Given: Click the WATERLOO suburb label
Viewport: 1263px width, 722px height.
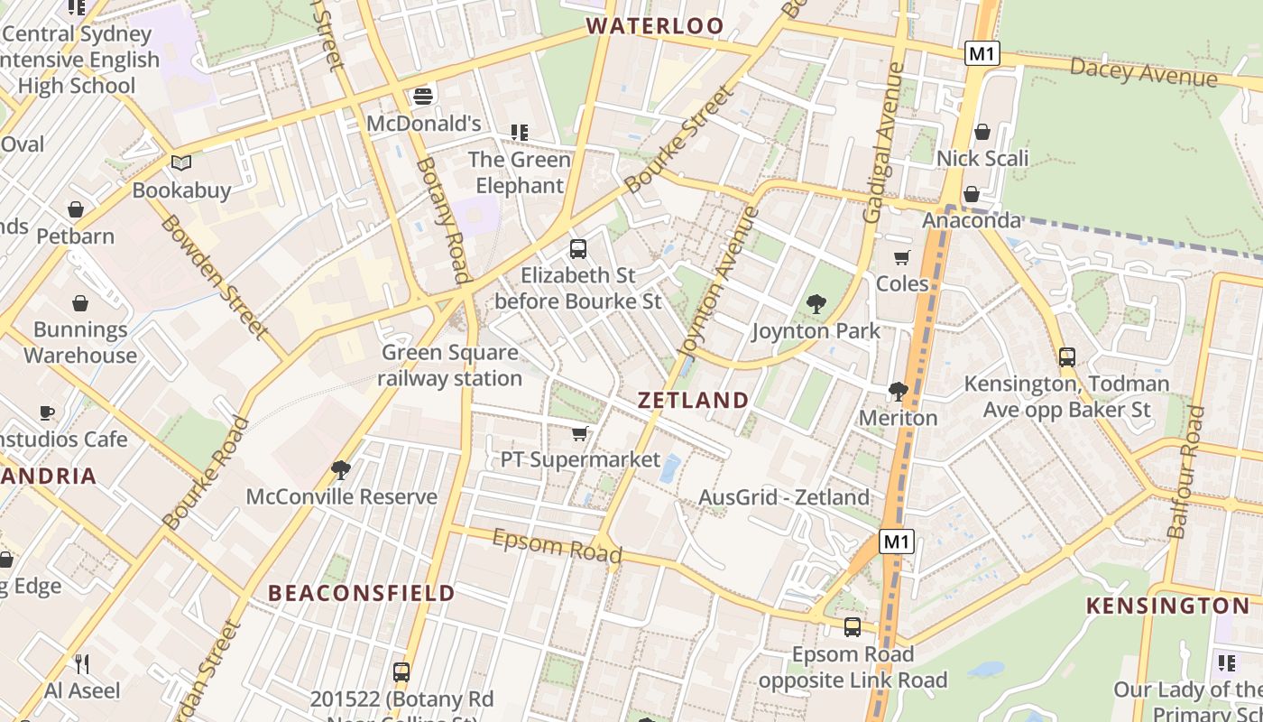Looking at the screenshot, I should click(x=655, y=25).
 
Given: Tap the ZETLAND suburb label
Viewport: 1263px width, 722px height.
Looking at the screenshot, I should click(x=694, y=400).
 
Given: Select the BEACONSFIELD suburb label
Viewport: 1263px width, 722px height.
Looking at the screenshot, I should click(x=362, y=593).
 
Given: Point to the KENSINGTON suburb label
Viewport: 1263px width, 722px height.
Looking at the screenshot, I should click(x=1167, y=606).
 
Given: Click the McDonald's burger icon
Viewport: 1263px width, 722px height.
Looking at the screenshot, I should click(x=423, y=96).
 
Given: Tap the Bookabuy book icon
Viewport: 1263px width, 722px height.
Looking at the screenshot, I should click(x=181, y=163).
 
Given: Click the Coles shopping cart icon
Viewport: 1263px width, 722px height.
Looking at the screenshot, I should click(x=901, y=257).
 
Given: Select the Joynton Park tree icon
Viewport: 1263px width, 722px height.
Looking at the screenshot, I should click(x=816, y=304).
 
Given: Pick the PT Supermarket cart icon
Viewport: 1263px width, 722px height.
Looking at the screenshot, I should click(x=580, y=434).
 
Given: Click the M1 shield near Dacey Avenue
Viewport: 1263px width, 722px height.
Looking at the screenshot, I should click(x=982, y=54).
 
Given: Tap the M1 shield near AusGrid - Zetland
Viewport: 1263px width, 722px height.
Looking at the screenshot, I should click(x=897, y=541).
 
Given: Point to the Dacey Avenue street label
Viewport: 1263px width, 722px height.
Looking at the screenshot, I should click(x=1143, y=72).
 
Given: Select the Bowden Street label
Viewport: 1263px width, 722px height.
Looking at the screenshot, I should click(x=214, y=276).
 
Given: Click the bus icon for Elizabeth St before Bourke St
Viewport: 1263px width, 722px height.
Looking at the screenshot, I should click(x=578, y=248).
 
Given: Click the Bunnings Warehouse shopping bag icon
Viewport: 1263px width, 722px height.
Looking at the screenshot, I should click(x=80, y=303).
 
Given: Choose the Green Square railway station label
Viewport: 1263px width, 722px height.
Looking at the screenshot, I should click(x=449, y=365).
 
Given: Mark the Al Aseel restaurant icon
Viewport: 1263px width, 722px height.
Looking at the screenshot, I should click(x=82, y=664).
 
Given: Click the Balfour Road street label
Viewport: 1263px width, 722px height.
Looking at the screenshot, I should click(x=1186, y=472).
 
